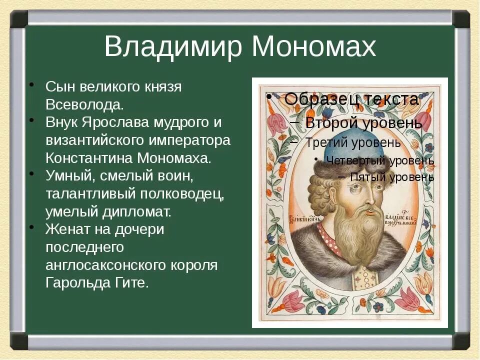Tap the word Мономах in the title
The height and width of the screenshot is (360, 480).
(x=313, y=47)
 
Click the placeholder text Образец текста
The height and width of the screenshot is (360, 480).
(x=351, y=99)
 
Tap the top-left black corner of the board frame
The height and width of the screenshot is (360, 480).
(x=19, y=19)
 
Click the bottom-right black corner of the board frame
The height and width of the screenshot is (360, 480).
(x=461, y=340)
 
